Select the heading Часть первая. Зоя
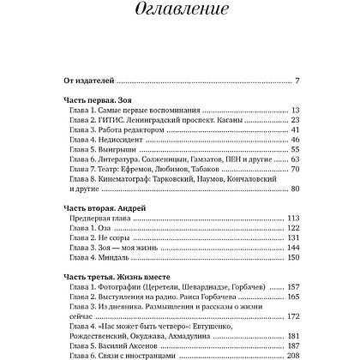105,100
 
